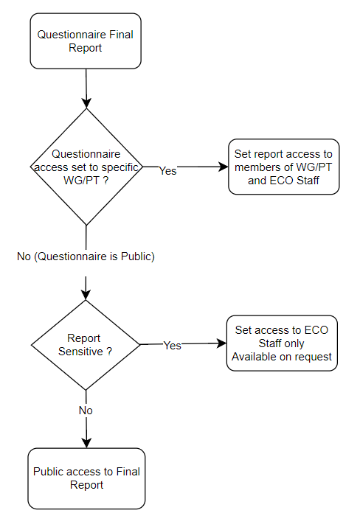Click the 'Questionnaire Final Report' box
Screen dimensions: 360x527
[86, 41]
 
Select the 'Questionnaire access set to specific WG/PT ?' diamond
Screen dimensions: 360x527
[86, 167]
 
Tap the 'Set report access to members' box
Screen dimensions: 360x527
[283, 167]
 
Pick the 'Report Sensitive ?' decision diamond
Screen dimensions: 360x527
[86, 345]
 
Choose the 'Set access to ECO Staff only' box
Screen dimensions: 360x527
[282, 343]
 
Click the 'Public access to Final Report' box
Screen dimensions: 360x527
[86, 478]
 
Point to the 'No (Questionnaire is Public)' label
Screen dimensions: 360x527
[86, 256]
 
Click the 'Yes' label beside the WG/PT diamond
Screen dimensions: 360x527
[167, 171]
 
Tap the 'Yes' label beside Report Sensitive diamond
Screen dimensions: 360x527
[173, 345]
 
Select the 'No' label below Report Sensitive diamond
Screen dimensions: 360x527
[86, 411]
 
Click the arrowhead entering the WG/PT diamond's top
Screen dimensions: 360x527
[86, 103]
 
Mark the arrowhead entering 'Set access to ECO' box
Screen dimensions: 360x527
[222, 343]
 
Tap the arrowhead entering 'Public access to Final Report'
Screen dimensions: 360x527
[86, 443]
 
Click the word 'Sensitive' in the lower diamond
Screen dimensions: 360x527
[80, 352]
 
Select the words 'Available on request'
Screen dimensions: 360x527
[282, 357]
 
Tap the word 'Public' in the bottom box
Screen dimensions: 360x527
[47, 472]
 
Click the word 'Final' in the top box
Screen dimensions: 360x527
[121, 35]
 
